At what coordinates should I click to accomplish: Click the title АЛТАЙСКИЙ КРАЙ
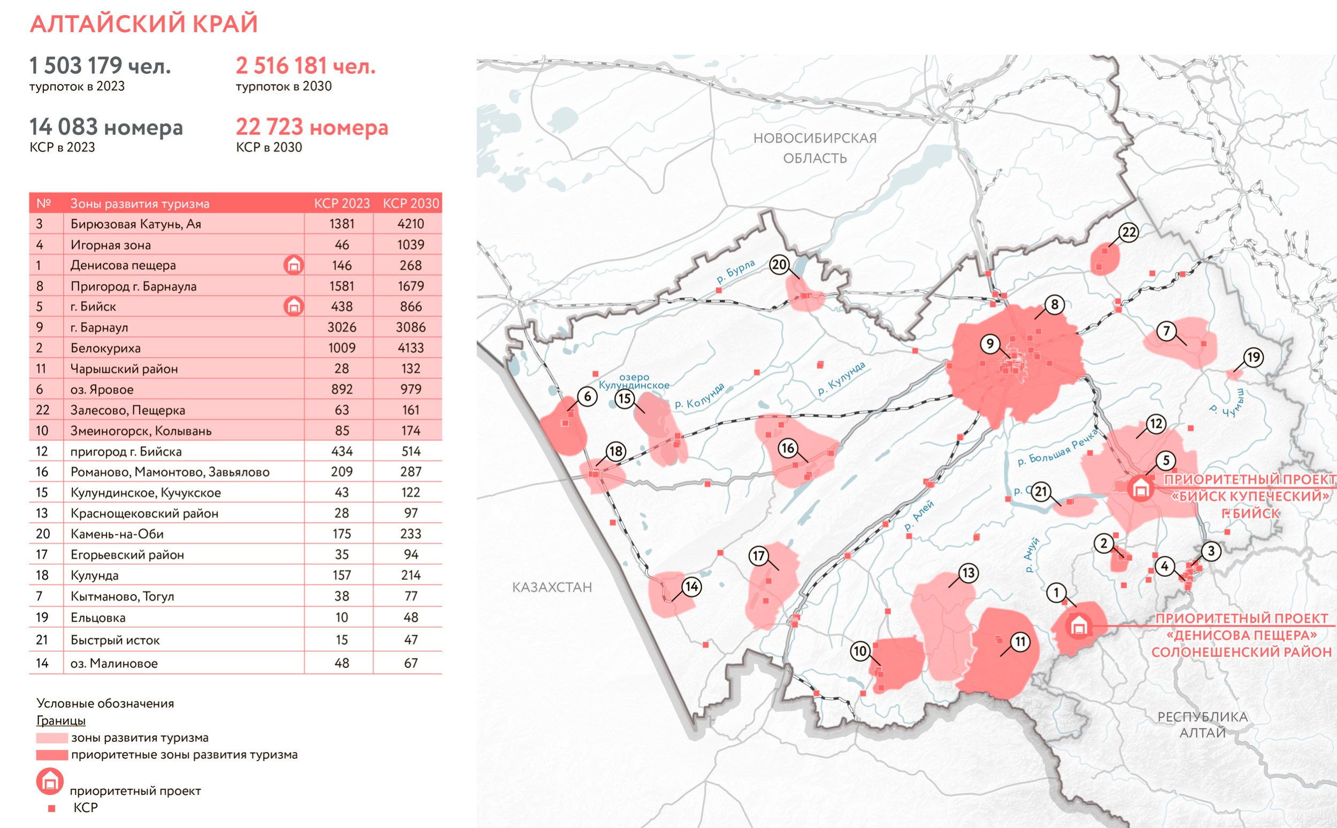point(143,24)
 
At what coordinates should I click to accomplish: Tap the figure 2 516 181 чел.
point(305,66)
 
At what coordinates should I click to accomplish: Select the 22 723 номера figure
point(312,127)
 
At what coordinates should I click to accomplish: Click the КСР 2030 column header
point(411,204)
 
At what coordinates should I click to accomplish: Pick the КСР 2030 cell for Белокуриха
point(411,348)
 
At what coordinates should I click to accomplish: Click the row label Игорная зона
point(111,245)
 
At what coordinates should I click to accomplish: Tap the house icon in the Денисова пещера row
point(294,265)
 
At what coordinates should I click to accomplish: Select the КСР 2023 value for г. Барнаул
point(342,327)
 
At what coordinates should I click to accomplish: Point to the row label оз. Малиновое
point(114,664)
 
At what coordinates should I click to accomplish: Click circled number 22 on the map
point(1129,233)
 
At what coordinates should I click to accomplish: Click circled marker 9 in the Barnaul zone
point(990,344)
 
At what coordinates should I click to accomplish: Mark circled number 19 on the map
point(1254,358)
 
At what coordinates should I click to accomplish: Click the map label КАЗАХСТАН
point(552,588)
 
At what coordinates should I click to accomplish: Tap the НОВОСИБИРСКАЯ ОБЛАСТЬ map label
point(815,148)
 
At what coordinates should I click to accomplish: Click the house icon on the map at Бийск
point(1141,487)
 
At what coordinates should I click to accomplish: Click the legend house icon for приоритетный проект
point(50,781)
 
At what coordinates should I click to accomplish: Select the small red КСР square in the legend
point(52,808)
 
